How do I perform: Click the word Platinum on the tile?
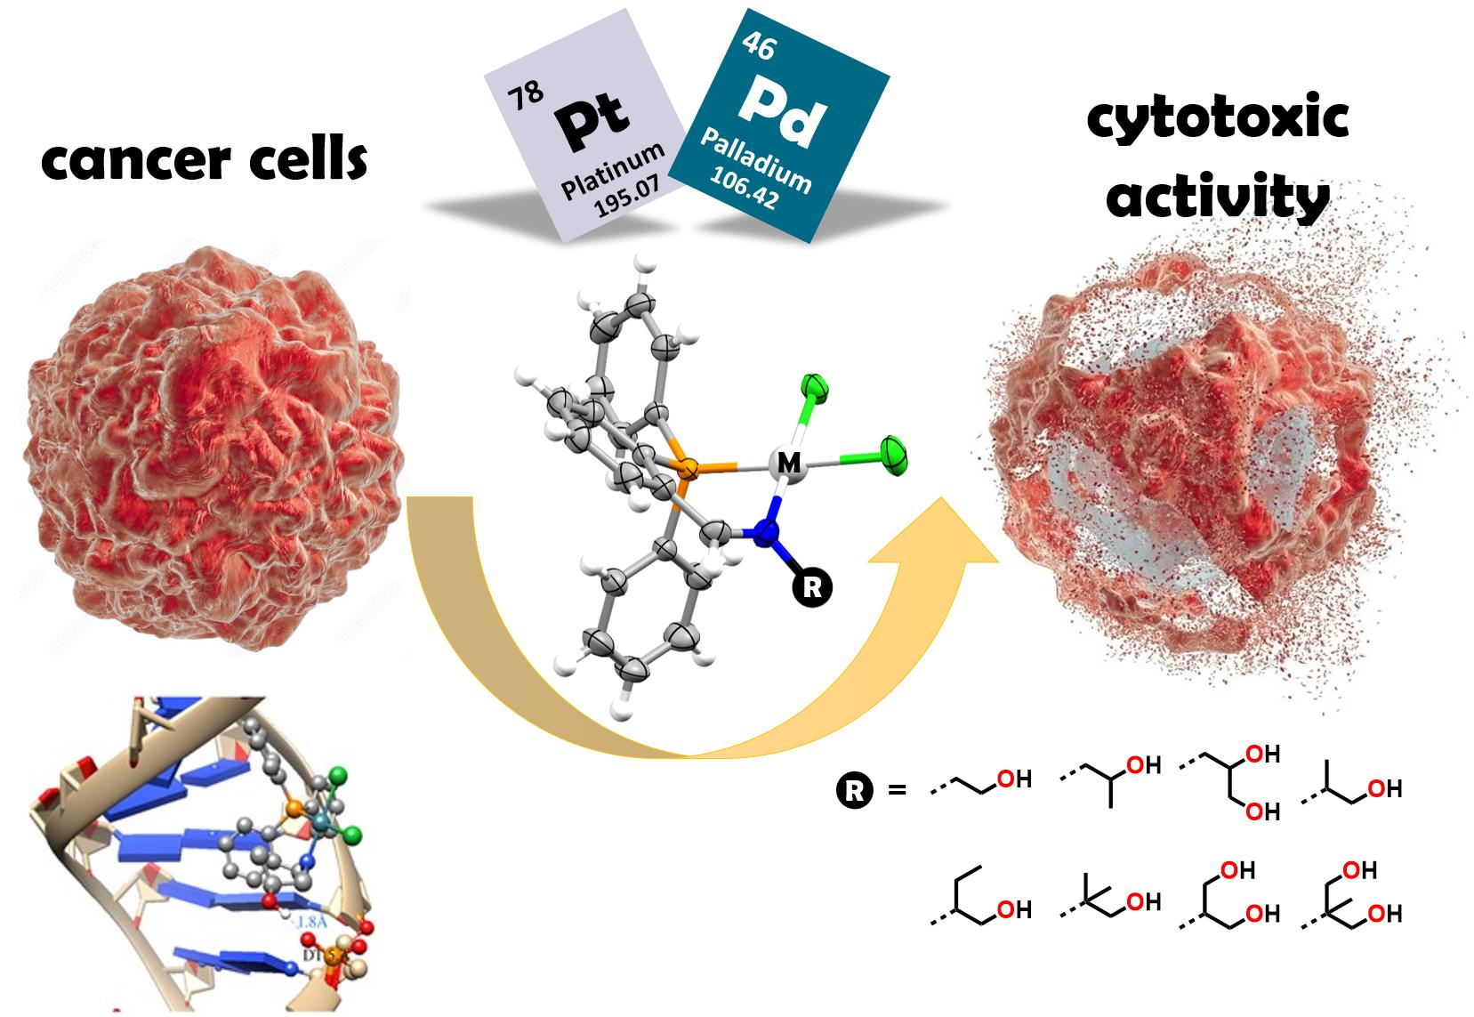point(613,172)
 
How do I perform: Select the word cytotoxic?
point(1218,118)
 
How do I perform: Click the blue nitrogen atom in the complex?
point(765,533)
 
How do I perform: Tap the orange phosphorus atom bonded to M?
point(686,467)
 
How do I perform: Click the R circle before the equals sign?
point(855,790)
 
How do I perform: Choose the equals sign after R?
point(897,790)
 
